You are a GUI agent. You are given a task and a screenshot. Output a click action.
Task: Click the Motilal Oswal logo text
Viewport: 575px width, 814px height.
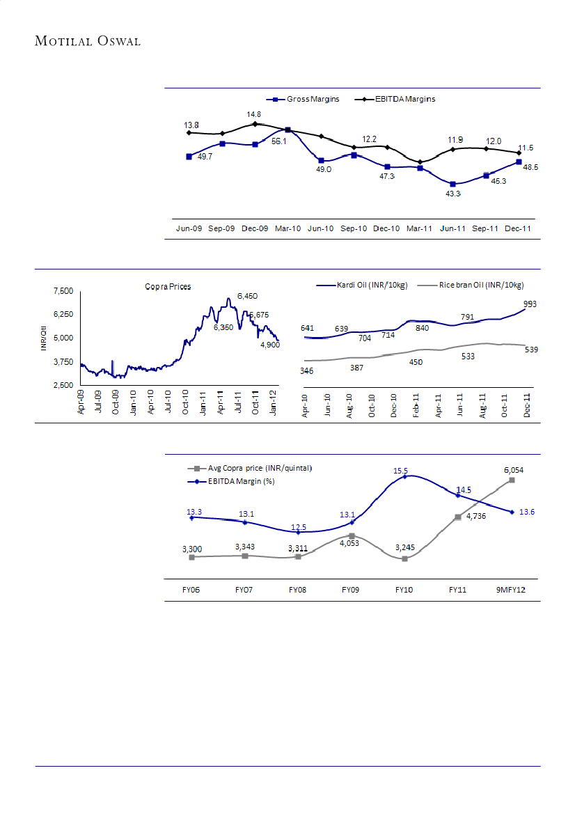(88, 41)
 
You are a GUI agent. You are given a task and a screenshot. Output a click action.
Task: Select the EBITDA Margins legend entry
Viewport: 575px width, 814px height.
(395, 100)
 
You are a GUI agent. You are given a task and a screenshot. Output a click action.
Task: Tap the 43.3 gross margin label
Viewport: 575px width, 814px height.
(454, 194)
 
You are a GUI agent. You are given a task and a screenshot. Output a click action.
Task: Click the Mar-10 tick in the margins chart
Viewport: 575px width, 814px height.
(287, 228)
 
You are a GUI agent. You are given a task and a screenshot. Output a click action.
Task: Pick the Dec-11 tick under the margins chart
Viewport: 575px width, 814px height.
(519, 228)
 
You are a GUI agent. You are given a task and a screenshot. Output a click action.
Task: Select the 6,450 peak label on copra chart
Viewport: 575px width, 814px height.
(248, 296)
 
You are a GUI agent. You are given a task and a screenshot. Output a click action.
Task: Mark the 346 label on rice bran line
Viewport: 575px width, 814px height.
(306, 371)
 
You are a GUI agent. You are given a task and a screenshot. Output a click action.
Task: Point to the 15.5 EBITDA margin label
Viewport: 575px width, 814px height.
(401, 471)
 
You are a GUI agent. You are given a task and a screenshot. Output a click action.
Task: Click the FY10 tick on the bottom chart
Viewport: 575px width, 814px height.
(404, 590)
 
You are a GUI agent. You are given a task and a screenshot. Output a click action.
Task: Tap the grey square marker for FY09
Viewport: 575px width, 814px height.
(352, 535)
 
